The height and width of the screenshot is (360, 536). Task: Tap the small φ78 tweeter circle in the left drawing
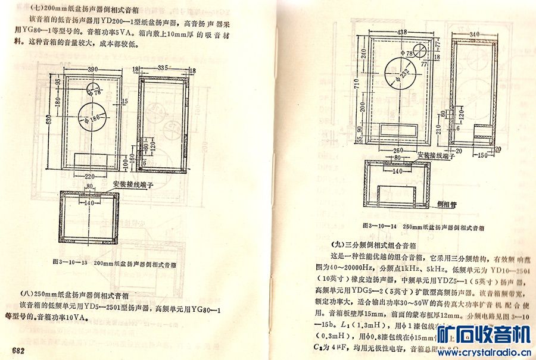pyautogui.click(x=94, y=90)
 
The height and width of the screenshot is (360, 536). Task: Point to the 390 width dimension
pyautogui.click(x=93, y=70)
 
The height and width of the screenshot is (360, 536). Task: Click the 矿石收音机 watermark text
pyautogui.click(x=483, y=336)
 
